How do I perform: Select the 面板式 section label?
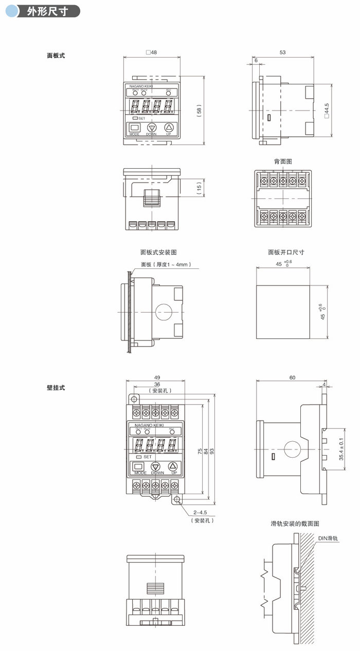[x=56, y=55]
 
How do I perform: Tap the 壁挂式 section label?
[x=56, y=387]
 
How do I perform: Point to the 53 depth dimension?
[x=283, y=52]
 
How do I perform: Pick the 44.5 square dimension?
[x=326, y=111]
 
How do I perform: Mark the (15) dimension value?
[x=199, y=188]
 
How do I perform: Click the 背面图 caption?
[x=283, y=161]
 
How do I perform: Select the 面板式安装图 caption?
[x=158, y=252]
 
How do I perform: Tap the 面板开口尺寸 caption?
[x=286, y=252]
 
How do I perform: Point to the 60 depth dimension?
[x=292, y=377]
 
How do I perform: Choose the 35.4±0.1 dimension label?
[x=340, y=449]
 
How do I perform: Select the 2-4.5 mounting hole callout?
[x=201, y=513]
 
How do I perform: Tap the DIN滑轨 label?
[x=328, y=538]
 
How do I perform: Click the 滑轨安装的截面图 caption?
[x=295, y=523]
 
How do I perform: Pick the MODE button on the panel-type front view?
[x=135, y=128]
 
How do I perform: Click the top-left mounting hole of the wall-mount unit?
[x=133, y=399]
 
